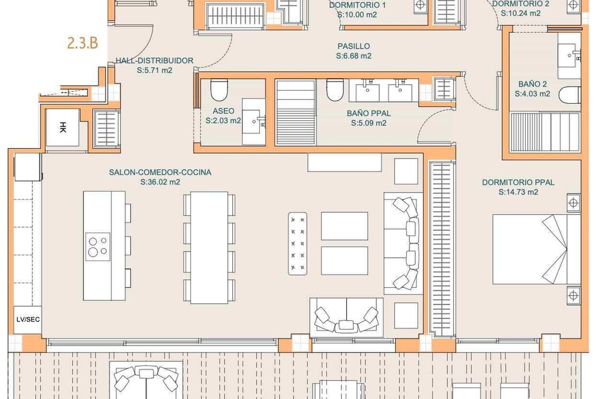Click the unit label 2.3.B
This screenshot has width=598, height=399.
pos(83,43)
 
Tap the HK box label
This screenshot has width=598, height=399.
pos(63,127)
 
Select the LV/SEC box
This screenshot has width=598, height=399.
pos(28,320)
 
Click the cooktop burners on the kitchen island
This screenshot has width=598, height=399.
pos(98,247)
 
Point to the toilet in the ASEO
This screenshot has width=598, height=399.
pos(219,90)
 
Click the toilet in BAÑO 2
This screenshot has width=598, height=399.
pos(570,95)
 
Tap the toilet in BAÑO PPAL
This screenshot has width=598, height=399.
pos(335,90)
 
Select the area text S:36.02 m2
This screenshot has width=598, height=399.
pos(160,182)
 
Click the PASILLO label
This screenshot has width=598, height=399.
pos(354,46)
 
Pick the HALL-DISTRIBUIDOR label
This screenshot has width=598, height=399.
pos(154,61)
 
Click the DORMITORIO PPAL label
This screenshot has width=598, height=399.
pos(518,183)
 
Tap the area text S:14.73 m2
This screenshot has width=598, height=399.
pos(518,192)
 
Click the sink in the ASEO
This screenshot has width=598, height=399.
pos(254,122)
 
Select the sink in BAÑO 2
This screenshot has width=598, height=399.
pos(569,55)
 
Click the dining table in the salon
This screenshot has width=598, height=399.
pos(209,248)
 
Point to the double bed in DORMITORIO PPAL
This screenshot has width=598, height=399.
pos(537,249)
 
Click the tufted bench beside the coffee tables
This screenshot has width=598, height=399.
pos(298,244)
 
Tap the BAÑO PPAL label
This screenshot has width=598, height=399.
pos(369,113)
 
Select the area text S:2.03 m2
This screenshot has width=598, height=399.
pos(223,121)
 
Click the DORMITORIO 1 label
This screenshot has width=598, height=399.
pos(357,5)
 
